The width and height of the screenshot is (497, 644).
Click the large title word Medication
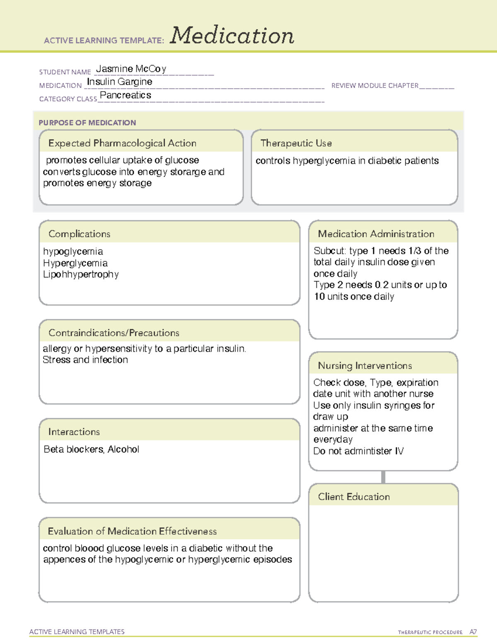[232, 36]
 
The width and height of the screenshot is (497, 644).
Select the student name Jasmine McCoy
[131, 69]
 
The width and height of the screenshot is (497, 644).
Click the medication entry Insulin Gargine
[119, 82]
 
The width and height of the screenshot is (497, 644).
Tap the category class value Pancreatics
[125, 95]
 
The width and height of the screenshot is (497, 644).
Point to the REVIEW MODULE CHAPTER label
[375, 85]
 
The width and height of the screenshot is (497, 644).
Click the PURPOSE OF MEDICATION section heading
[87, 123]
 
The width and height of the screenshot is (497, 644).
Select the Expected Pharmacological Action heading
[122, 143]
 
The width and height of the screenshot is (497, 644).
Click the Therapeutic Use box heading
[296, 143]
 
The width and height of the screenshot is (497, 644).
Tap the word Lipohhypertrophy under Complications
[81, 275]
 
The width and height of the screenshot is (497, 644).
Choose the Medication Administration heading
[376, 234]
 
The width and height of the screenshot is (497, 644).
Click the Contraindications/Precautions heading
[114, 333]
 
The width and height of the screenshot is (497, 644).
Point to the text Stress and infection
[85, 360]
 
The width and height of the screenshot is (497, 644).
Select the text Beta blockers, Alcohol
[91, 449]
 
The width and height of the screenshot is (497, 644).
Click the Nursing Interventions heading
[365, 366]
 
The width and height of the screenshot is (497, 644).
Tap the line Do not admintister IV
[358, 451]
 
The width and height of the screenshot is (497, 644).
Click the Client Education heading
[354, 497]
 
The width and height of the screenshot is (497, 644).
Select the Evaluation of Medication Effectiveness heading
[132, 531]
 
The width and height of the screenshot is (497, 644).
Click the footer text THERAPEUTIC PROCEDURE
[430, 632]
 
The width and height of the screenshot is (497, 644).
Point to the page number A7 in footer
[473, 632]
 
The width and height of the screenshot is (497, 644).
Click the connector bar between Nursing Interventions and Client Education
[383, 477]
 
